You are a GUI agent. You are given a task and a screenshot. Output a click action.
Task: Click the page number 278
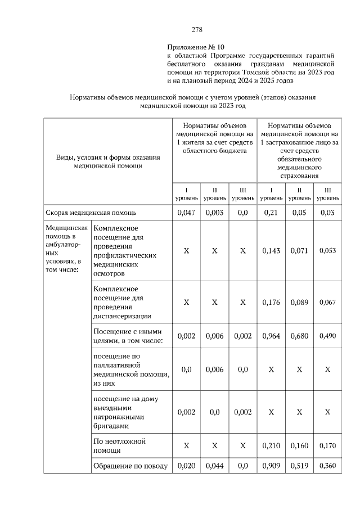pyautogui.click(x=197, y=30)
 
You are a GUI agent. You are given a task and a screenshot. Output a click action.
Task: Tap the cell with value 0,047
pyautogui.click(x=186, y=213)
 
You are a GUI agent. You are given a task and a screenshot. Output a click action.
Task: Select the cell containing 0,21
pyautogui.click(x=271, y=213)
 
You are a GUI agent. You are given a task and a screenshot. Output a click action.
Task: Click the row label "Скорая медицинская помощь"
pyautogui.click(x=91, y=213)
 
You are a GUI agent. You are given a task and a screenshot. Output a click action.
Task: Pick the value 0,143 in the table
pyautogui.click(x=271, y=251)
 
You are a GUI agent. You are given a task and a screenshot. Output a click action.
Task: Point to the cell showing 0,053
pyautogui.click(x=327, y=251)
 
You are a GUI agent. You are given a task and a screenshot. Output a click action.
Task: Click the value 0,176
pyautogui.click(x=271, y=302)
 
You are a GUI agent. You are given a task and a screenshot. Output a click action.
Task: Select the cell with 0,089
pyautogui.click(x=299, y=302)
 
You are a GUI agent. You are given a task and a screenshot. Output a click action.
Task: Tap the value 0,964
pyautogui.click(x=271, y=336)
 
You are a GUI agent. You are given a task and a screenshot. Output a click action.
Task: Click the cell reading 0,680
pyautogui.click(x=299, y=336)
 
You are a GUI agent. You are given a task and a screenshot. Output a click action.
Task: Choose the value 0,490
pyautogui.click(x=327, y=336)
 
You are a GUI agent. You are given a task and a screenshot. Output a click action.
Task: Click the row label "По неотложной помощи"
pyautogui.click(x=119, y=446)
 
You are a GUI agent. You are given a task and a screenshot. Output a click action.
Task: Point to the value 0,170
pyautogui.click(x=327, y=446)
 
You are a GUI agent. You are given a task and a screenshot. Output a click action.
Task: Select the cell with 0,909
pyautogui.click(x=271, y=466)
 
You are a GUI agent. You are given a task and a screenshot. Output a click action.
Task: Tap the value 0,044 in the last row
pyautogui.click(x=214, y=466)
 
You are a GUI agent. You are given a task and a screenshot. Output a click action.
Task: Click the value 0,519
pyautogui.click(x=299, y=466)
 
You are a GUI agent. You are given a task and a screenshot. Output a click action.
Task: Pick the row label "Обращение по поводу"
pyautogui.click(x=130, y=466)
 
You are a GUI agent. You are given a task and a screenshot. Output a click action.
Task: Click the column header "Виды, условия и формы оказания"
pyautogui.click(x=108, y=157)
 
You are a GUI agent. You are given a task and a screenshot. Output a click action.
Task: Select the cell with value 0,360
pyautogui.click(x=327, y=466)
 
